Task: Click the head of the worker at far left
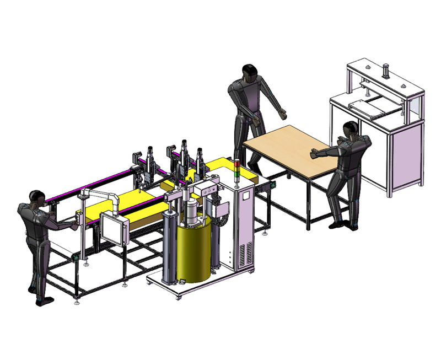pos(37,197)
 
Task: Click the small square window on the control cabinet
pos(245,195)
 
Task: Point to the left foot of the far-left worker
pos(44,301)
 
